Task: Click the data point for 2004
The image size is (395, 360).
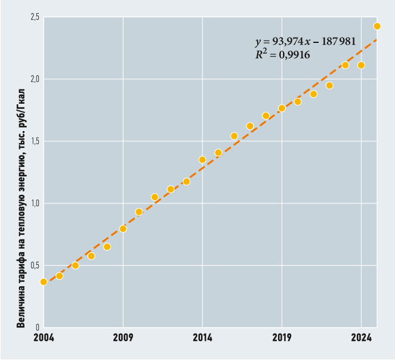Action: [x=44, y=282]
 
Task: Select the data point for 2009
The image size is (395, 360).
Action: [x=123, y=229]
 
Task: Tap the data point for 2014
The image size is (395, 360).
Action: [x=202, y=160]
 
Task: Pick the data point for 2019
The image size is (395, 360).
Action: [x=282, y=108]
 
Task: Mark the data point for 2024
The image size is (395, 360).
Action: [x=361, y=65]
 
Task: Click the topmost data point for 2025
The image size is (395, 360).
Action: [x=377, y=26]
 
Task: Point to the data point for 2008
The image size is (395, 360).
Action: [x=107, y=247]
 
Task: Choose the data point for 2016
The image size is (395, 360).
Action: [x=234, y=136]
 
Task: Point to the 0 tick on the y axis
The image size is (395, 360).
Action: [x=37, y=327]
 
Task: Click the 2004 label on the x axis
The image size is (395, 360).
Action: [x=44, y=338]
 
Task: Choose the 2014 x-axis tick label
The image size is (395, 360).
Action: [x=202, y=338]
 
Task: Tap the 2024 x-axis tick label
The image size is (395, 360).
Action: [x=361, y=338]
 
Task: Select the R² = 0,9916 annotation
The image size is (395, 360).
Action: [x=282, y=54]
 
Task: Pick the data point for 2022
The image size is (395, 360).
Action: [x=329, y=85]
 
